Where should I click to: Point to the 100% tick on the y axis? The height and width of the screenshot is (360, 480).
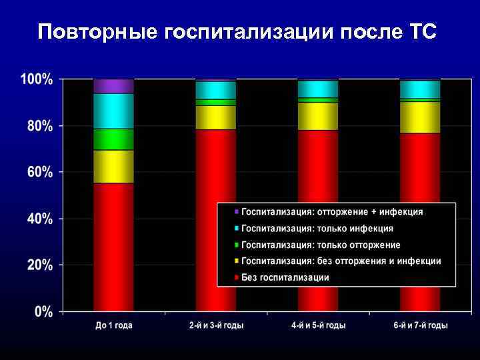[x=37, y=79]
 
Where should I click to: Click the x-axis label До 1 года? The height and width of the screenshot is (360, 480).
[x=113, y=326]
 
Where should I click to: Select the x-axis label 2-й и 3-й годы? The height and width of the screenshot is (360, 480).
[x=215, y=326]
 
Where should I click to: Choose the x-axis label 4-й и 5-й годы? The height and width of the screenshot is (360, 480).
[x=318, y=326]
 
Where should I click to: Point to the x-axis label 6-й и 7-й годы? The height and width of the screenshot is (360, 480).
[x=420, y=326]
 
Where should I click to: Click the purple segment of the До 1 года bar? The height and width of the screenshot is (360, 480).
[x=113, y=86]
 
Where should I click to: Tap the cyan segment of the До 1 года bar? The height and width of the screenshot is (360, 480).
[x=113, y=111]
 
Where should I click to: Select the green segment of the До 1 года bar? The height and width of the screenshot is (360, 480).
[x=113, y=139]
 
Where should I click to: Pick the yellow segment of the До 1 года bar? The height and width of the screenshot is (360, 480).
[x=113, y=167]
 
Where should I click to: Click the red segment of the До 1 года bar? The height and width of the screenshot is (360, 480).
[x=113, y=247]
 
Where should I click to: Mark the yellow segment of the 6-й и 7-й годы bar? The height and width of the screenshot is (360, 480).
[x=420, y=117]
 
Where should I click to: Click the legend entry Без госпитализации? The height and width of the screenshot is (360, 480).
[x=285, y=277]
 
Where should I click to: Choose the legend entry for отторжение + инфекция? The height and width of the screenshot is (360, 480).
[x=331, y=211]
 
